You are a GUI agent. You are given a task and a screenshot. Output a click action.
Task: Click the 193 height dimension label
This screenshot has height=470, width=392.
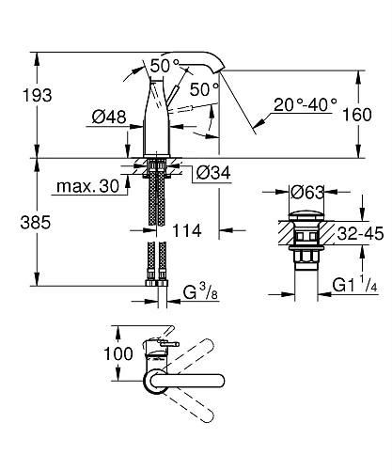coord(37,95)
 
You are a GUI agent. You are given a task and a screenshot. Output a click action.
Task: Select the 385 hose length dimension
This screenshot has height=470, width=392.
coord(36,223)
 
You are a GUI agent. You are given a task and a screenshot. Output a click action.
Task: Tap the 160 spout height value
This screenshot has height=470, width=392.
coord(357,115)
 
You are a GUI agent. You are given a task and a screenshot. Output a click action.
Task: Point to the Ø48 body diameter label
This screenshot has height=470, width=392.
coord(109,117)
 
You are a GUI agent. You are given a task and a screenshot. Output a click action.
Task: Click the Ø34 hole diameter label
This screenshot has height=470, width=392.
coord(213,172)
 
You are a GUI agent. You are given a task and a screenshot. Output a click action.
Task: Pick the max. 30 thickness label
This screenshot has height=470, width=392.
coord(88,186)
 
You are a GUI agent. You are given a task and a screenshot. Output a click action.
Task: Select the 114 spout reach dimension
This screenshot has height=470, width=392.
coord(187,231)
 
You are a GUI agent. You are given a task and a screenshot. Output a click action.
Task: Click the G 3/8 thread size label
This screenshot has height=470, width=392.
coord(200,292)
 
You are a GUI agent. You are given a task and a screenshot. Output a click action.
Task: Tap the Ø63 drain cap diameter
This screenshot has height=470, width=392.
coord(307,192)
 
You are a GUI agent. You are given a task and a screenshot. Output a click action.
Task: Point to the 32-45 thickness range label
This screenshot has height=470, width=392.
coord(360,233)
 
